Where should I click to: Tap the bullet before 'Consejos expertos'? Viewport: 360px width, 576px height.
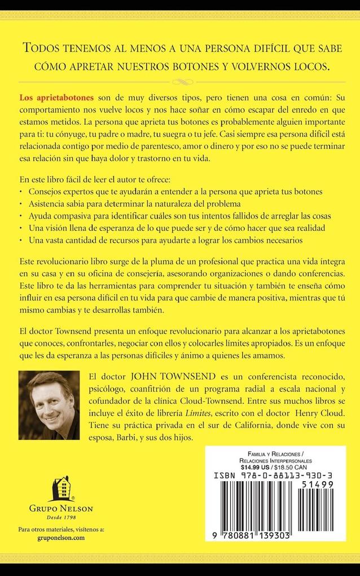[x=20, y=191]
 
